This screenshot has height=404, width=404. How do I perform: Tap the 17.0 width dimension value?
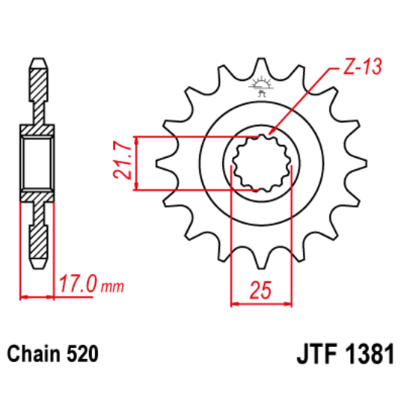(77, 285)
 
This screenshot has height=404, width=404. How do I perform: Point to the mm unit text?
(111, 287)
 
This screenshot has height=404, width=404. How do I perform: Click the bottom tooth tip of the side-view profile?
(39, 267)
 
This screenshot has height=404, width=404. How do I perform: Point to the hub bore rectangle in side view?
(39, 162)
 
